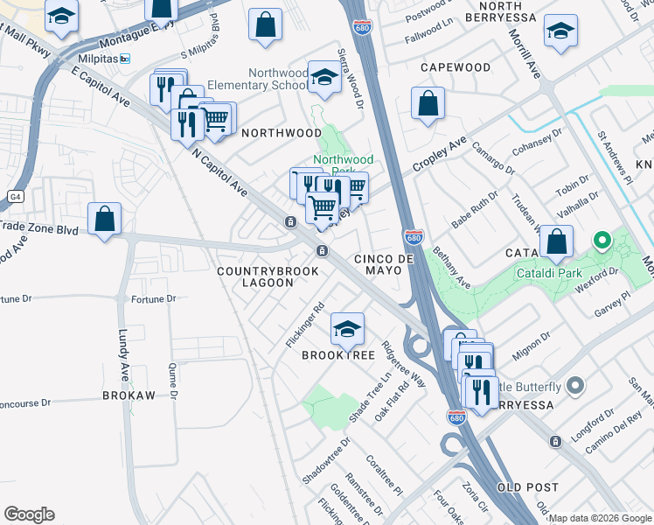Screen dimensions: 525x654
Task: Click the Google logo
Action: (x=29, y=514)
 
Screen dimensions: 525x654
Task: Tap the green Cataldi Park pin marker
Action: (x=601, y=239)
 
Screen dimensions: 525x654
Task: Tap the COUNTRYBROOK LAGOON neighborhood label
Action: (x=256, y=276)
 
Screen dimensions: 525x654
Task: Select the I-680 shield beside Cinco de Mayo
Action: (x=414, y=237)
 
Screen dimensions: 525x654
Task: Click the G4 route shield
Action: (x=15, y=195)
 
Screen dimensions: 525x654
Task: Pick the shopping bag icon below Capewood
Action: (x=428, y=104)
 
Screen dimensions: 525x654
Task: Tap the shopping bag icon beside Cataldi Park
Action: (x=556, y=241)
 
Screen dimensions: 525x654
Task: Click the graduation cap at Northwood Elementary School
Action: (x=324, y=79)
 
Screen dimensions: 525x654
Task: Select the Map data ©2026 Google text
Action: (x=600, y=518)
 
